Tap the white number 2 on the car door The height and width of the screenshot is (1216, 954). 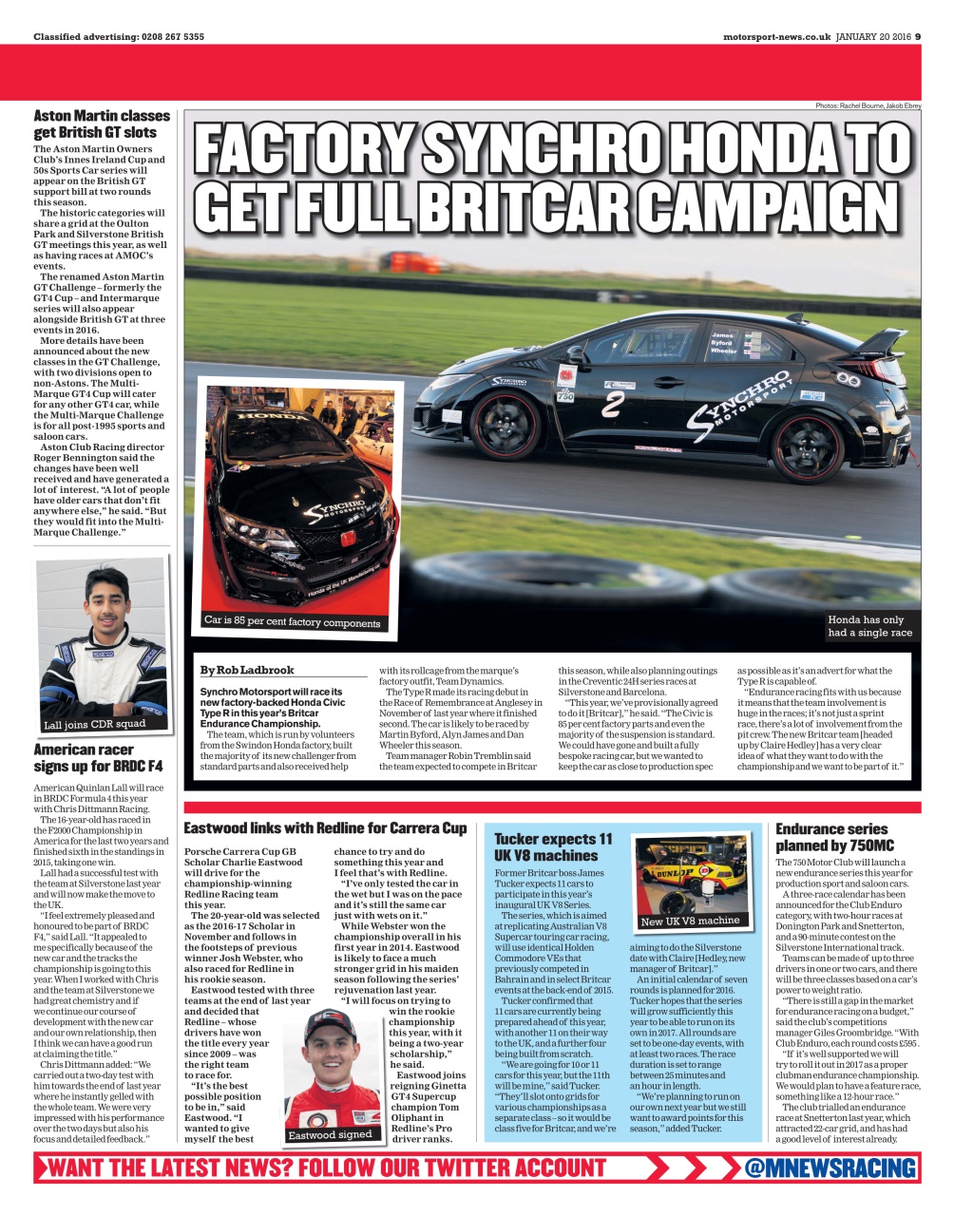613,404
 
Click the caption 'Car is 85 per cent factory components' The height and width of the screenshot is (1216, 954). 292,622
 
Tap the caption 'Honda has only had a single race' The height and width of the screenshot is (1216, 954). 869,625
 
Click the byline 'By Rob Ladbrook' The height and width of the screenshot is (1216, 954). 247,670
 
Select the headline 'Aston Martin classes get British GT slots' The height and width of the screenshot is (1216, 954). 102,124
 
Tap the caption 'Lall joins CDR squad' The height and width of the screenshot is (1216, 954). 95,725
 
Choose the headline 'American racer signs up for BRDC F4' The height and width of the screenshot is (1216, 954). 98,757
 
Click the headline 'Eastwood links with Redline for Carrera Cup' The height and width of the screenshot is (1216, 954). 325,828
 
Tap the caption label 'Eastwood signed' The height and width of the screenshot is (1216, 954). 331,1134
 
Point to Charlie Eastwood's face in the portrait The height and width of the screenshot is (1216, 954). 332,1054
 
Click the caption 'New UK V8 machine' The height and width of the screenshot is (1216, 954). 690,921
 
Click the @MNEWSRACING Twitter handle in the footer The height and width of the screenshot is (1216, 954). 830,1168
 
